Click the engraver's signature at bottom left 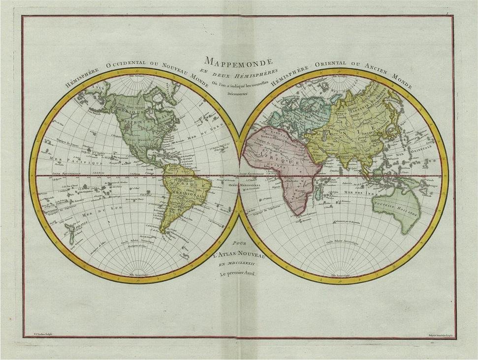coord(36,334)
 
